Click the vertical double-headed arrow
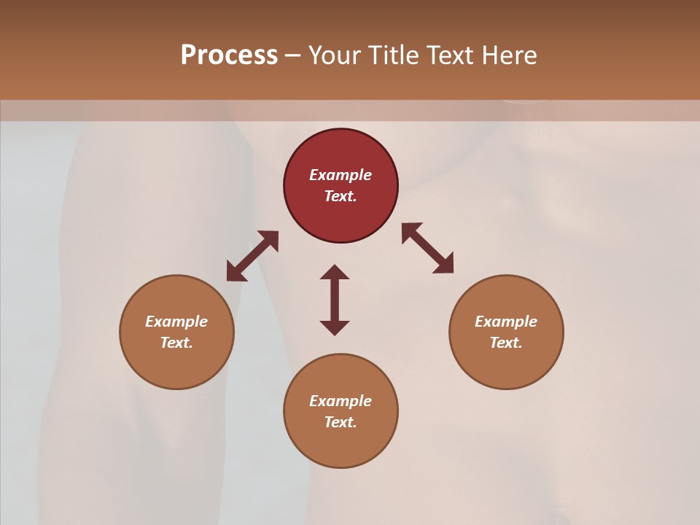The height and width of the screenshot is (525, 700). pyautogui.click(x=335, y=300)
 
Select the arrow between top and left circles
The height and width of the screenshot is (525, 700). pyautogui.click(x=252, y=256)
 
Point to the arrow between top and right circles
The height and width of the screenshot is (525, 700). pyautogui.click(x=427, y=248)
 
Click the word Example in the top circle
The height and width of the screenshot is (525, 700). pyautogui.click(x=341, y=175)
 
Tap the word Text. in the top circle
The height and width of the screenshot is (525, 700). pyautogui.click(x=341, y=196)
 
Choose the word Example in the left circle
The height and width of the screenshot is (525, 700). pyautogui.click(x=176, y=322)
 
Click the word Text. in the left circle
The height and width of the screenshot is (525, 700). pyautogui.click(x=176, y=343)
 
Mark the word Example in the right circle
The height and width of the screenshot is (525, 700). pyautogui.click(x=506, y=322)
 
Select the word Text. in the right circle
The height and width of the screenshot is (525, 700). pyautogui.click(x=506, y=343)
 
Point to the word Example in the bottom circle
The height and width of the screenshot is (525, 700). pyautogui.click(x=341, y=401)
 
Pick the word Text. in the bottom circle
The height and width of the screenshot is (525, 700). pyautogui.click(x=341, y=422)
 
